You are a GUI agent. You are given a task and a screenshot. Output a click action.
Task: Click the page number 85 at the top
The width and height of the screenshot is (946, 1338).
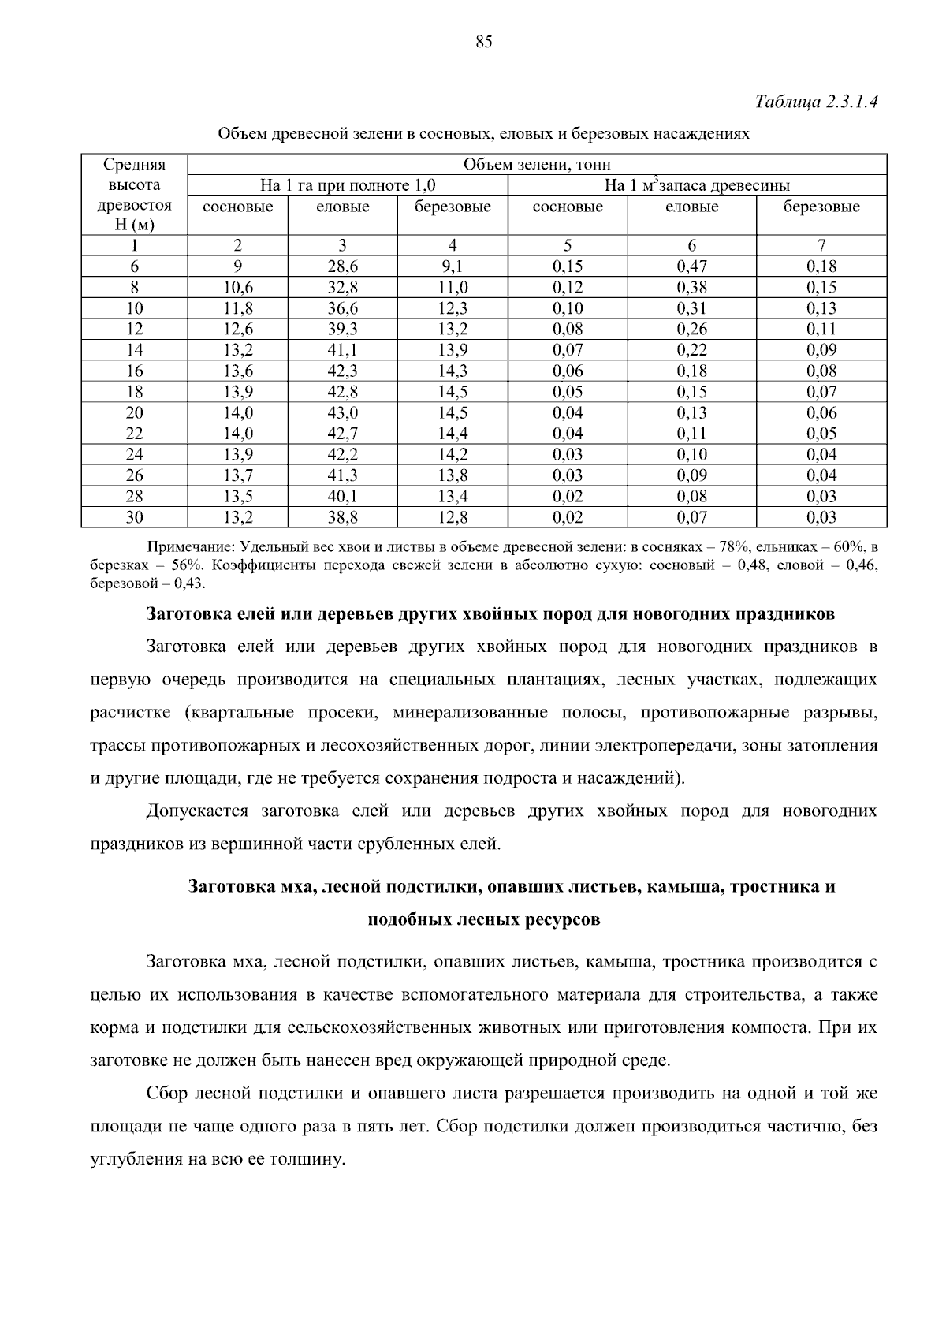(x=483, y=43)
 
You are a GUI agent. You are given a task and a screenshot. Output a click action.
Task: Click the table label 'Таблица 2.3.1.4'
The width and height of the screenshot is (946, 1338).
(x=816, y=102)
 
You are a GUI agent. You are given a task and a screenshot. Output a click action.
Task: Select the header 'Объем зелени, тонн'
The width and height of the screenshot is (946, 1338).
(x=537, y=165)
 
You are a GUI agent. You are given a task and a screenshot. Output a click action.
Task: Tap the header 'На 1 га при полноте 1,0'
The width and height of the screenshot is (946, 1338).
(x=348, y=186)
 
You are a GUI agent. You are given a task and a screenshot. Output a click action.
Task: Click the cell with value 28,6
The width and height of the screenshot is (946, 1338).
(x=342, y=266)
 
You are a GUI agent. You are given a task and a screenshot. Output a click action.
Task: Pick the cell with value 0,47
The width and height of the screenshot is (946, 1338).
(x=691, y=266)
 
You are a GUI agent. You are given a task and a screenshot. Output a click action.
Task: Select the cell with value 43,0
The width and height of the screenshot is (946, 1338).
(x=342, y=412)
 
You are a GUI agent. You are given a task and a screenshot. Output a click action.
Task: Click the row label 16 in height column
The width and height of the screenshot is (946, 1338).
(x=135, y=371)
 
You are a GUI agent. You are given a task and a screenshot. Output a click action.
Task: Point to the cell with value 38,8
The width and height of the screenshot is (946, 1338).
(x=342, y=517)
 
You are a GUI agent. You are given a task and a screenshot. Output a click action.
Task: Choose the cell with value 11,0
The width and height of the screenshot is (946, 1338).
(x=453, y=287)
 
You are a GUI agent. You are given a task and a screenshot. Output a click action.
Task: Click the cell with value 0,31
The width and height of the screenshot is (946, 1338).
(x=691, y=308)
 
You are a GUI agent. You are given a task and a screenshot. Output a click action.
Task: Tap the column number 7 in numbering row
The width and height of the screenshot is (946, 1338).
(x=821, y=245)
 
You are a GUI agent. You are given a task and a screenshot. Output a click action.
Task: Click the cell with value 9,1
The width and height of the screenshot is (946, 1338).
(x=453, y=266)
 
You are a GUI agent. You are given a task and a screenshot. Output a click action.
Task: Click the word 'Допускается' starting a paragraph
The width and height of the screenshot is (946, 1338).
(x=197, y=811)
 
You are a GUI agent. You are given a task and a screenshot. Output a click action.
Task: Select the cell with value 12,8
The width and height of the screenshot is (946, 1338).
(x=453, y=517)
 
